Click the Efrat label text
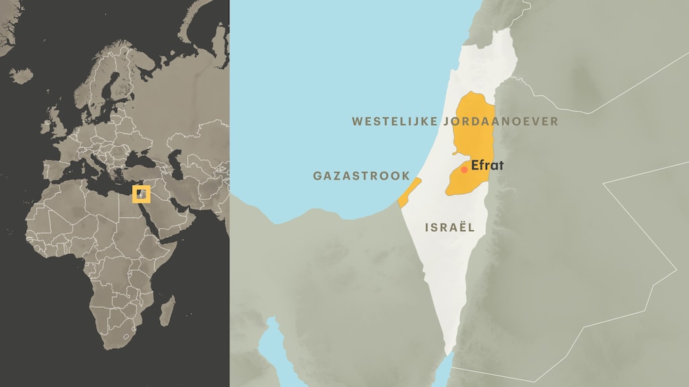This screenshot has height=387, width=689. (x=488, y=165)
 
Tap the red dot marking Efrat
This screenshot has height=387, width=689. (x=464, y=170)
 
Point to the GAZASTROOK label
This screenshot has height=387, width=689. (x=361, y=176)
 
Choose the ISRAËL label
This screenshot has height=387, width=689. (x=449, y=227)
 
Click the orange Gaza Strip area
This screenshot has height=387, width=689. (x=408, y=193)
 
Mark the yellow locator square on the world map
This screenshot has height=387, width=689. (x=141, y=194)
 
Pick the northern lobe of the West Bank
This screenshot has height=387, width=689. (x=475, y=124)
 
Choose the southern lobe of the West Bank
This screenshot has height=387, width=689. (x=464, y=180)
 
